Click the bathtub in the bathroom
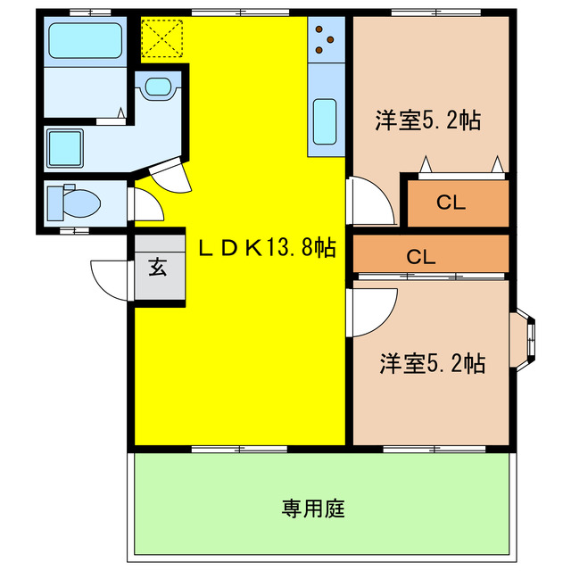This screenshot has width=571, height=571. [x=85, y=40]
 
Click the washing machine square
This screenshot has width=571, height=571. [x=65, y=145]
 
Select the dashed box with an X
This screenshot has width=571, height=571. [x=161, y=39]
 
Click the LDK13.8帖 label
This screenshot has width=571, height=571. [x=266, y=249]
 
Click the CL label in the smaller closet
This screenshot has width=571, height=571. [x=451, y=203]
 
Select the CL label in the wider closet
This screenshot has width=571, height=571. [x=421, y=257]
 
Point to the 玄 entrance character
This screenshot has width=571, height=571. [x=158, y=267]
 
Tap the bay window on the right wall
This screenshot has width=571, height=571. [x=525, y=340]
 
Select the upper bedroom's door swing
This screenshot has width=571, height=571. [x=369, y=202]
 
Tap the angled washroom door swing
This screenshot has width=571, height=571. [x=169, y=173]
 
